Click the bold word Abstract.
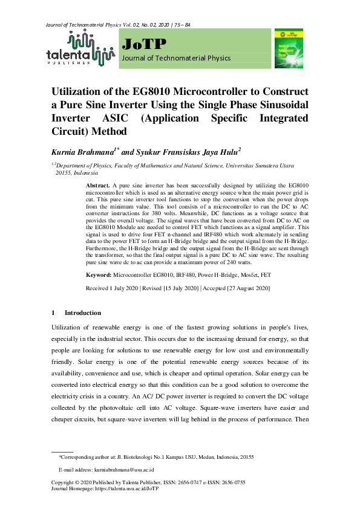(97, 184)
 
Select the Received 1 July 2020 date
(112, 288)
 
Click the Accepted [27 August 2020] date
(237, 288)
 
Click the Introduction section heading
(83, 313)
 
